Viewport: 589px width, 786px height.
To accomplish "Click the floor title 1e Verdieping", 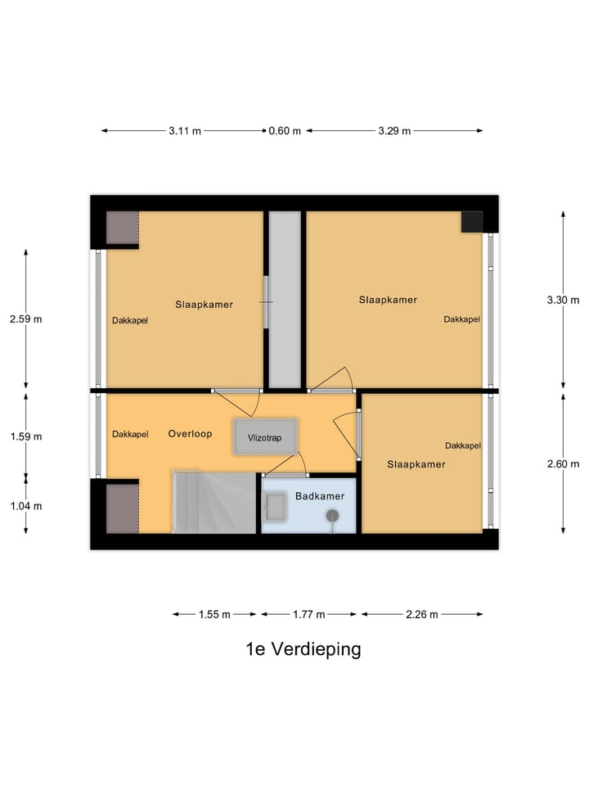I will point(303,649).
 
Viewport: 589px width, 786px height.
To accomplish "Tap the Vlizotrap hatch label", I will point(264,438).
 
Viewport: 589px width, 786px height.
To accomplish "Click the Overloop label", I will point(190,433).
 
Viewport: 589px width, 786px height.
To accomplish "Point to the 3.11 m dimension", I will point(185,131).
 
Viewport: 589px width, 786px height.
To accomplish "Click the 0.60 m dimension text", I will point(285,131).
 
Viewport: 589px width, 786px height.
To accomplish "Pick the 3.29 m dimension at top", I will point(394,131).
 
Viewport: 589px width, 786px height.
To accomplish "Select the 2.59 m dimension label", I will point(25,319).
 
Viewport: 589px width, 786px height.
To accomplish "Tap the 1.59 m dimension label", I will point(25,436).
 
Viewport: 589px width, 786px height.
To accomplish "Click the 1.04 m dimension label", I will point(25,506).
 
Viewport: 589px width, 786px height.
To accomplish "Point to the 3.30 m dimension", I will point(563,300).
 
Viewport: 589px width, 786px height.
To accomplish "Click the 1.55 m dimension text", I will point(214,615).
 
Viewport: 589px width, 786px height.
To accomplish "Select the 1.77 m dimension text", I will point(308,615).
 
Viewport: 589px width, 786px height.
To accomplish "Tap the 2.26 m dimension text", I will point(421,615).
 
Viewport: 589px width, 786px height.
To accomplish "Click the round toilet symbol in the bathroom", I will point(333,515).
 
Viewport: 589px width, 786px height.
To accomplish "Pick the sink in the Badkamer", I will point(276,507).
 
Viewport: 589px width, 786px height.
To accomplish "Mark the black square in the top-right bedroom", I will point(471,222).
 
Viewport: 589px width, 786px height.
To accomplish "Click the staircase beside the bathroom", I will point(214,502).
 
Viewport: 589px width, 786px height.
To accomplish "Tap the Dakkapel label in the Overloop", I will point(130,434).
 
